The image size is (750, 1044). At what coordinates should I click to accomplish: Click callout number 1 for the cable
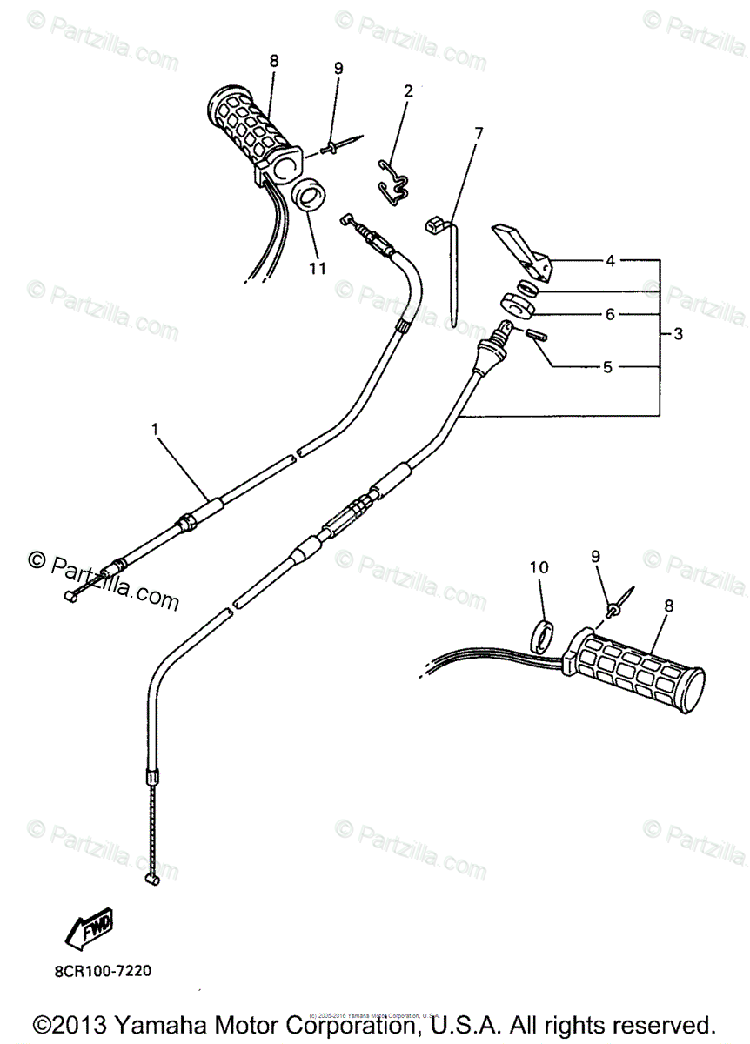tap(155, 429)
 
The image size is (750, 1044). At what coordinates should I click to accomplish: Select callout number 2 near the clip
tap(406, 90)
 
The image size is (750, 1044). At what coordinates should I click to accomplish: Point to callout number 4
tap(610, 260)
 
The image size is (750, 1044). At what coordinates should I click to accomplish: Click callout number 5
tap(607, 367)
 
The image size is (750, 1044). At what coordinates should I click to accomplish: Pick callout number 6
tap(610, 314)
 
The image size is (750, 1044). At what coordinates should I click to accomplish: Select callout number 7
tap(478, 132)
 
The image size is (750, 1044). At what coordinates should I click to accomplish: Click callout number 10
tap(539, 567)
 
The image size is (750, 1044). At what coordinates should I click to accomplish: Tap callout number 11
tap(317, 268)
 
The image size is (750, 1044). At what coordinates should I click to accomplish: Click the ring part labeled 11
tap(308, 196)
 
